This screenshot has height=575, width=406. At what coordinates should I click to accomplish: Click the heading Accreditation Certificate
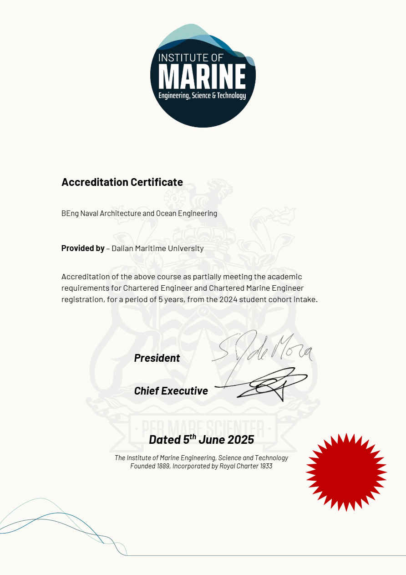point(122,182)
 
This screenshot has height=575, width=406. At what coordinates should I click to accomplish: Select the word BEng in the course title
point(70,213)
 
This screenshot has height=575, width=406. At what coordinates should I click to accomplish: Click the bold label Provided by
point(83,248)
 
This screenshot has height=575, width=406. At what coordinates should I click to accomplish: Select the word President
point(157,358)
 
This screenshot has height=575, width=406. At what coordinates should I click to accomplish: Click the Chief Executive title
point(171,391)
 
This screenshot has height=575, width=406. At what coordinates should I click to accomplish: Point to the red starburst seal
point(346,472)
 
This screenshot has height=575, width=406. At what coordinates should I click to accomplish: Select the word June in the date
point(212,440)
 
